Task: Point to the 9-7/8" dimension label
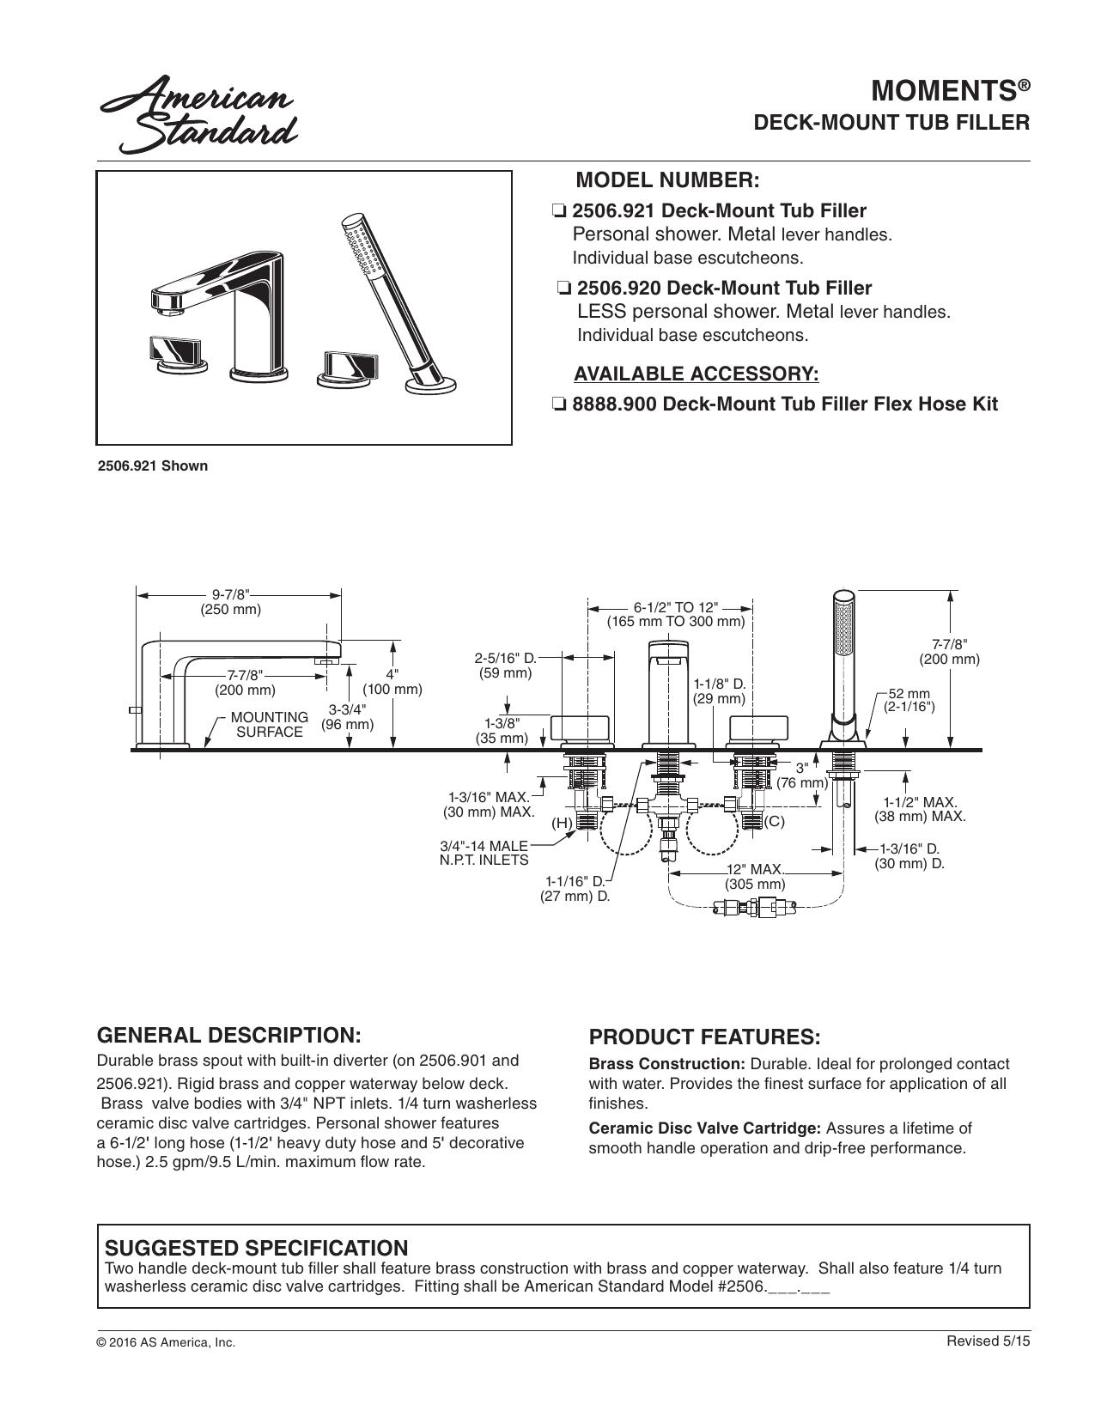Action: (230, 602)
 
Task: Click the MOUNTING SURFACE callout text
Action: (270, 725)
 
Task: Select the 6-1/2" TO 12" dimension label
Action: (676, 614)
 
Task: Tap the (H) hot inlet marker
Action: (562, 823)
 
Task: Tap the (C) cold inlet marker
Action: (774, 821)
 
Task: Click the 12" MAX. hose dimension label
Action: (755, 877)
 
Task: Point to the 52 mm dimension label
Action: (909, 700)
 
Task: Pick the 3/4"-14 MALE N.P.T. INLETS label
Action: (484, 853)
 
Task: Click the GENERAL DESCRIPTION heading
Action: (228, 1035)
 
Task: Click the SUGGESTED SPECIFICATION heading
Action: (256, 1248)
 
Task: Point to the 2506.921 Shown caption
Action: (152, 465)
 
